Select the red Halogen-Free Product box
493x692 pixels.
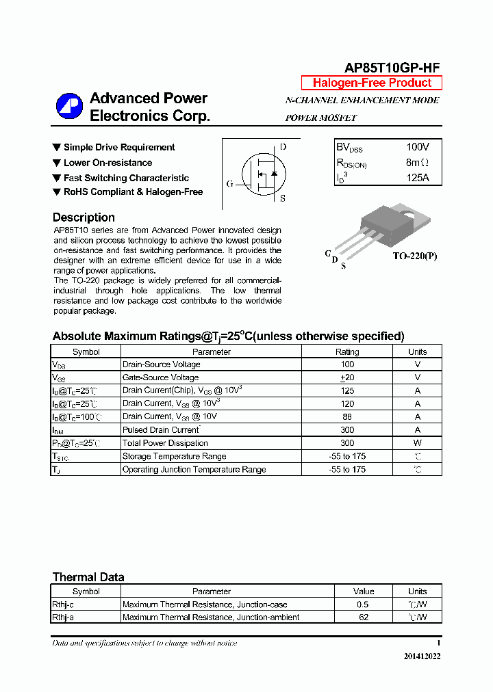(372, 83)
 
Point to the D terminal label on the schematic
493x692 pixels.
(283, 147)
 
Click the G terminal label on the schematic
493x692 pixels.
(229, 184)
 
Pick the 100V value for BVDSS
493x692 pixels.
(417, 147)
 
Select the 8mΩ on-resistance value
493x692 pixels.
(417, 163)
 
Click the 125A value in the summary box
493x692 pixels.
(417, 178)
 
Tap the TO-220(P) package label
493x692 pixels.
(414, 256)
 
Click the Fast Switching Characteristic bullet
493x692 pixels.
(126, 178)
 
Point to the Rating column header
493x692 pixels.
(347, 351)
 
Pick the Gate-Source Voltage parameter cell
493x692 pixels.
(160, 377)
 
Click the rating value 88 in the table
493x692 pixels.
(347, 416)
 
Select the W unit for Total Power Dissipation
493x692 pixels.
(417, 443)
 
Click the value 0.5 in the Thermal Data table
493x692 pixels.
(363, 604)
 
